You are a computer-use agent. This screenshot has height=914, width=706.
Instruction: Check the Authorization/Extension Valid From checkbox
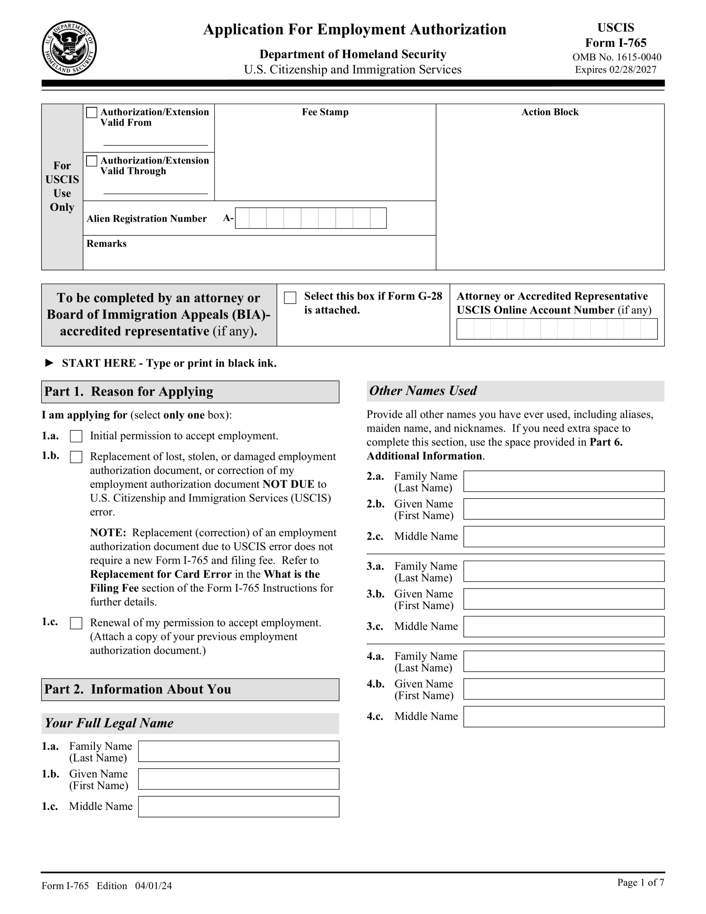(92, 112)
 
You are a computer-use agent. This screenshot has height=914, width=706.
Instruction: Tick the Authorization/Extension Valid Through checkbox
(92, 161)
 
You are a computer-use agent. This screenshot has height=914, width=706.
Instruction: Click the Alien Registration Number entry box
(311, 218)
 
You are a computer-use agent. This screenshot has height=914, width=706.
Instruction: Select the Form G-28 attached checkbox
(290, 297)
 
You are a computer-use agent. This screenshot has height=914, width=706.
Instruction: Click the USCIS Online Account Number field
(556, 329)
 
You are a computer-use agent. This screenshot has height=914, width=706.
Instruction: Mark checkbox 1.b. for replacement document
(76, 457)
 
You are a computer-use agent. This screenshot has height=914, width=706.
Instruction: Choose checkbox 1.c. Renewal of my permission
(76, 623)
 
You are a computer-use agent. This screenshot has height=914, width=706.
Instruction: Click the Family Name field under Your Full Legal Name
(238, 751)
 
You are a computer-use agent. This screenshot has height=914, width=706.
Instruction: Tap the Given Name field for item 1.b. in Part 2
(238, 779)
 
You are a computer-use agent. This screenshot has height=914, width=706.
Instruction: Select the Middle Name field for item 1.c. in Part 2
(238, 807)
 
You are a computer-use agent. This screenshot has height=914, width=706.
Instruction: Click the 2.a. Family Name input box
(564, 481)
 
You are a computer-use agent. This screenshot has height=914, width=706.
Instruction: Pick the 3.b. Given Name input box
(564, 599)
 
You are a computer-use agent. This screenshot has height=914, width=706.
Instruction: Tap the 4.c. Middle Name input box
(564, 717)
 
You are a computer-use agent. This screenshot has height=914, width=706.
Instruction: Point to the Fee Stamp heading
(325, 112)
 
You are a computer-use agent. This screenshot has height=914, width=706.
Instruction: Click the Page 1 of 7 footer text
(640, 883)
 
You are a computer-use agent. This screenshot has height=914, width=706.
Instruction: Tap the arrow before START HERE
(49, 363)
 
